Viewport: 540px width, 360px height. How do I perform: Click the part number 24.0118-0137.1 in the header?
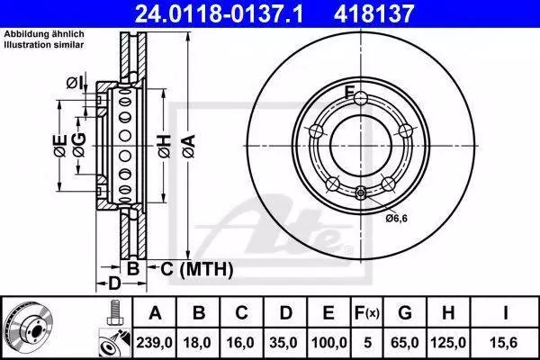[x=219, y=13]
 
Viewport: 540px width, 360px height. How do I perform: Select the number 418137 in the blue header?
[x=373, y=13]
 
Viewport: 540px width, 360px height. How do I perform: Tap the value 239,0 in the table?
[x=155, y=343]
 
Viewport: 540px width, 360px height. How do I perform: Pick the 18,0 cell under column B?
[x=197, y=343]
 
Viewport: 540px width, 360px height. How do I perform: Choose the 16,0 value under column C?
[x=240, y=343]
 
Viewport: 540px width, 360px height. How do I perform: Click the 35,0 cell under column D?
[x=283, y=343]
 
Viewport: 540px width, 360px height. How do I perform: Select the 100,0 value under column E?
[x=328, y=343]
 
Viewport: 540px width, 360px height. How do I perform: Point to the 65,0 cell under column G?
[x=405, y=343]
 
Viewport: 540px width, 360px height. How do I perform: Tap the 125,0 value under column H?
[x=448, y=343]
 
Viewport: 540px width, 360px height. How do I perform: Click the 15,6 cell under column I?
[x=505, y=343]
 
